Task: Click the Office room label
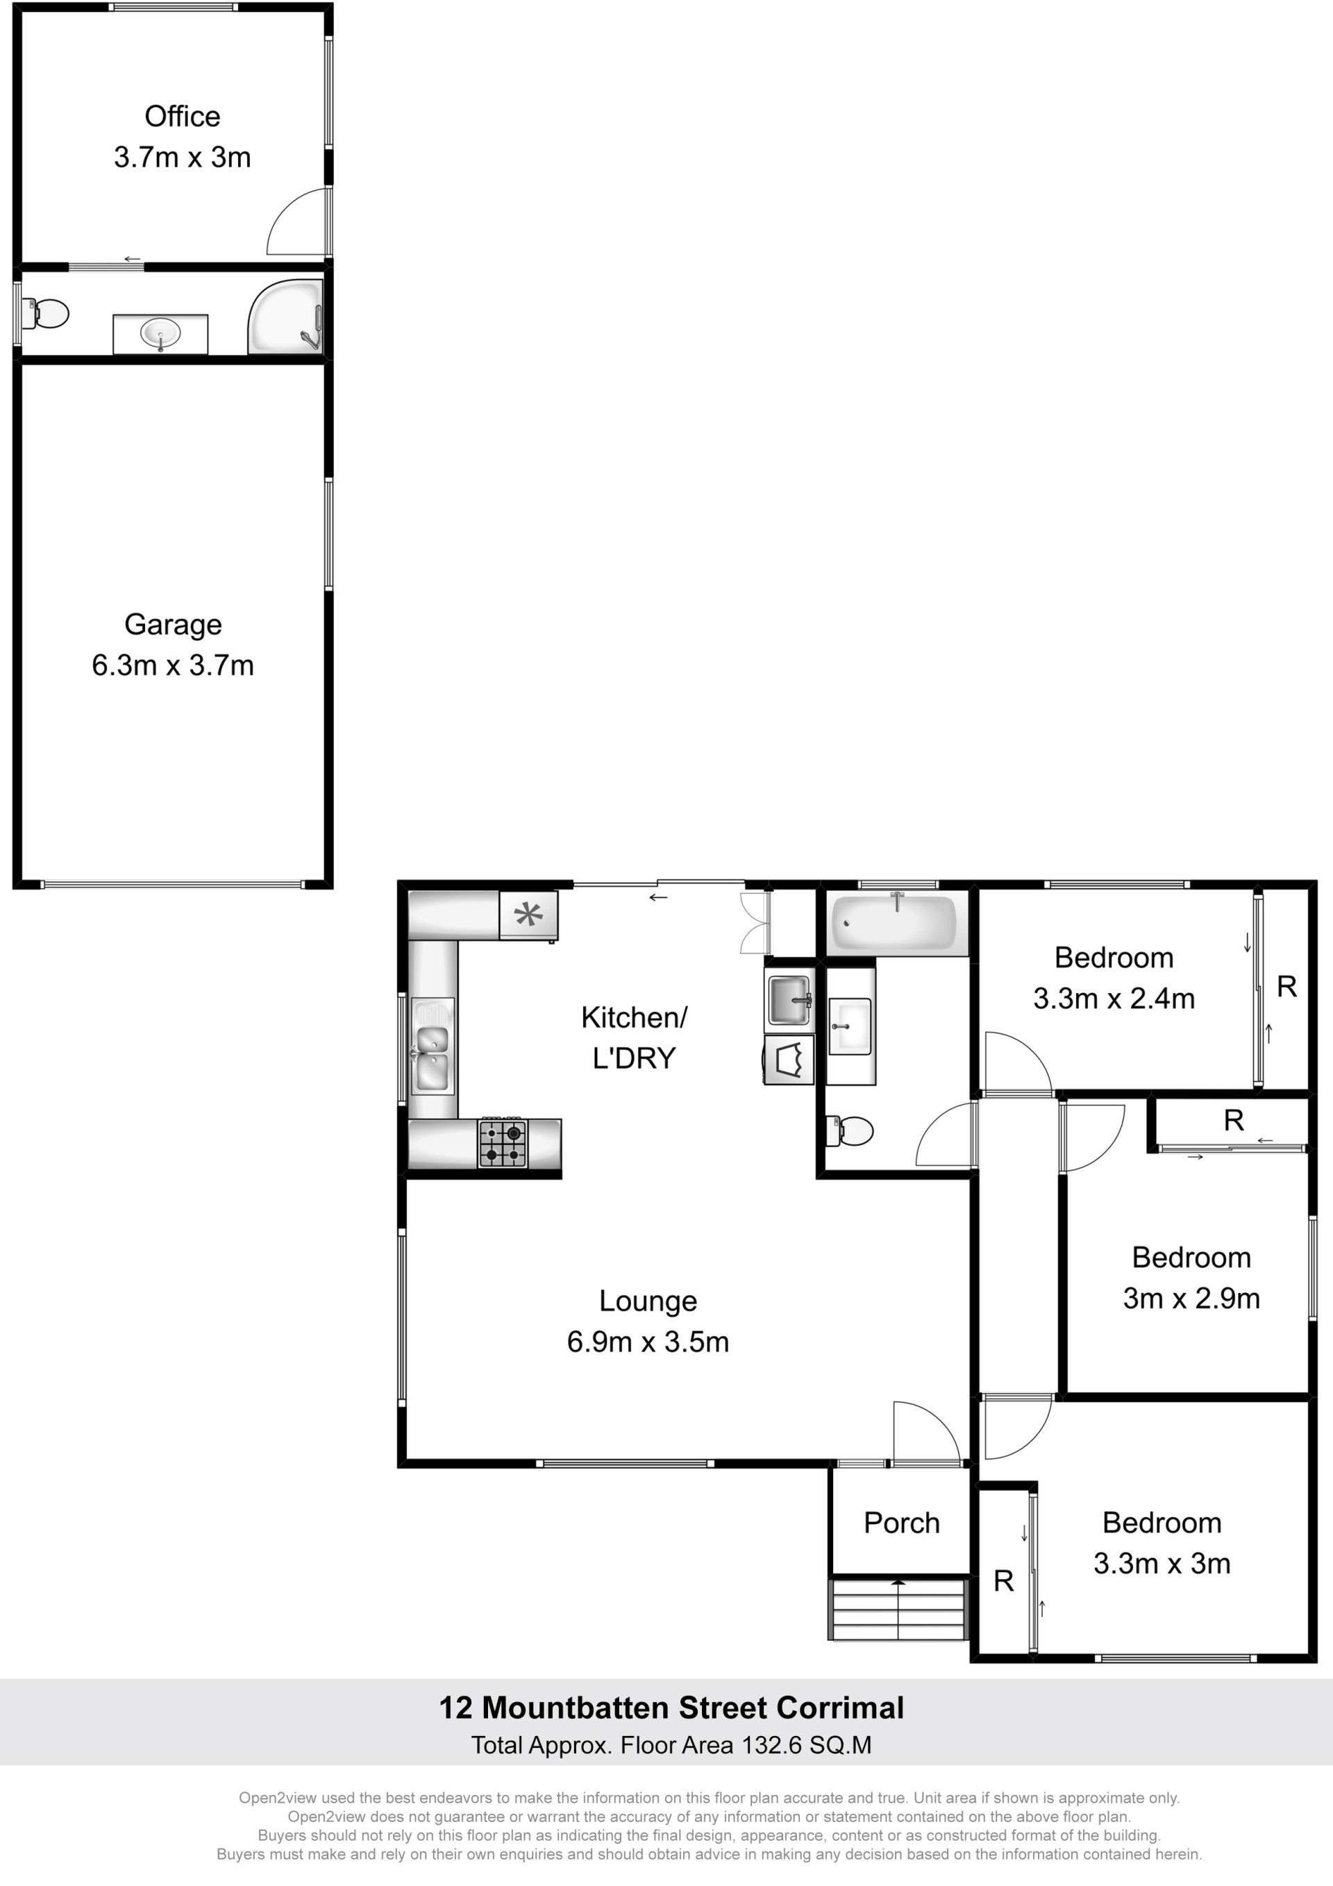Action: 183,117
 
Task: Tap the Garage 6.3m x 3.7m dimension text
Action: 172,665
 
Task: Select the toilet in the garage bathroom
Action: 45,313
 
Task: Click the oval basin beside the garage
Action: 160,333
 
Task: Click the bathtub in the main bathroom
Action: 894,924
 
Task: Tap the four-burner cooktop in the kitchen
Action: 503,1142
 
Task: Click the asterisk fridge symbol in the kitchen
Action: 528,915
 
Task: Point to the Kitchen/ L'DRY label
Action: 634,1037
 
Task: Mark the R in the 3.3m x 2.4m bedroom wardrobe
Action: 1287,987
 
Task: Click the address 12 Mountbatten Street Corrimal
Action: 671,1708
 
